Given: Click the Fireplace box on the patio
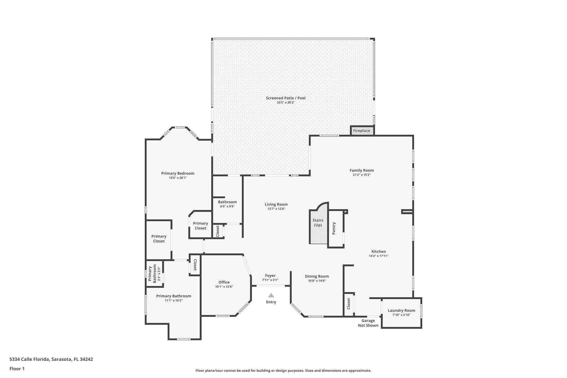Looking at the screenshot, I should pos(362,131).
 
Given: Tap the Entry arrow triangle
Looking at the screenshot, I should pos(271,295).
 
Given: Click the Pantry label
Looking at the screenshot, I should pos(334,228).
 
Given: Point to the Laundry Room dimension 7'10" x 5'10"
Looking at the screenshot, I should pos(401,315).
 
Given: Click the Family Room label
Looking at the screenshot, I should pos(362,170).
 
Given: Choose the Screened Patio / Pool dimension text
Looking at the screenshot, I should pos(286,102).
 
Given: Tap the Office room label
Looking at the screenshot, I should pos(224,282).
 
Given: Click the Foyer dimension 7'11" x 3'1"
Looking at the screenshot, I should pos(270,280).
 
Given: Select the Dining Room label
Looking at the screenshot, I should pos(317,276).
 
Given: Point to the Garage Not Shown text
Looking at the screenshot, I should pos(368,323).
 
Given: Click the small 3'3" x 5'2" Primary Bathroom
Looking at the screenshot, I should pos(154,273).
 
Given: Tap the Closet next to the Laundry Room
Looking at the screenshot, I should pos(349,304).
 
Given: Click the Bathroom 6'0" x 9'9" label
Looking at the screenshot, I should pos(227,202).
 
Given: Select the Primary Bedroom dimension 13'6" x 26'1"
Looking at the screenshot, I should pos(178,178).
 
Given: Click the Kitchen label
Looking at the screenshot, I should pos(378,251).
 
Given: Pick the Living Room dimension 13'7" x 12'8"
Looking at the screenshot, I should pos(276,209).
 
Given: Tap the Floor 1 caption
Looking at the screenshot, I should pos(17,369).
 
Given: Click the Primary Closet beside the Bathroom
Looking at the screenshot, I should pos(200,226).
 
